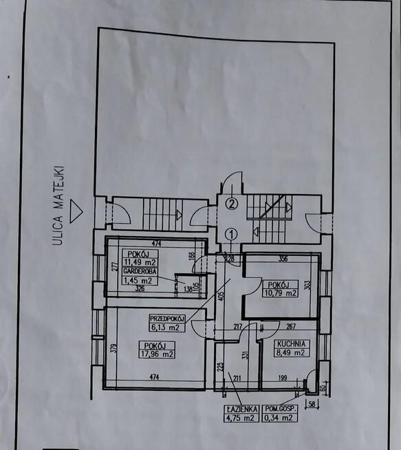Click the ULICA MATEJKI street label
[x=58, y=206]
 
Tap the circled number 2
[x=232, y=204]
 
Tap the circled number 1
[x=232, y=235]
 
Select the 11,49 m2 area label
[x=140, y=262]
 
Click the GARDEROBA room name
[x=140, y=271]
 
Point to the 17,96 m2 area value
[x=157, y=354]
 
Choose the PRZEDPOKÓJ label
[x=167, y=319]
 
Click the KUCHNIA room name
[x=292, y=344]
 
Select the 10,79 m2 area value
[x=280, y=293]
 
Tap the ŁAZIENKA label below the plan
[x=241, y=409]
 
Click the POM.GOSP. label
[x=280, y=409]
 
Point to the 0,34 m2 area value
[x=279, y=418]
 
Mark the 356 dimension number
[x=283, y=259]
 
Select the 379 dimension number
[x=114, y=348]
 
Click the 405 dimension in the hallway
[x=221, y=296]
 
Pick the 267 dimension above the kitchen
[x=291, y=326]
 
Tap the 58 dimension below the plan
[x=312, y=404]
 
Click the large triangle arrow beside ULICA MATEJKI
[x=76, y=211]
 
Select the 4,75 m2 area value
[x=240, y=418]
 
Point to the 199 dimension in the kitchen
[x=283, y=378]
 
